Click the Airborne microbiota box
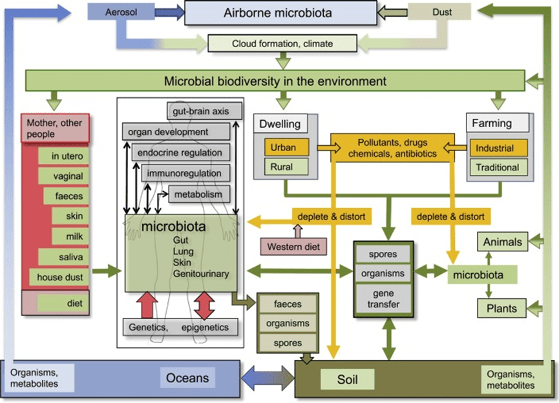280,12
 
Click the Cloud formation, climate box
282,44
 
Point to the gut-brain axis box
206,110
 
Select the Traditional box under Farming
497,167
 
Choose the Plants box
502,308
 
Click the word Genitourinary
200,274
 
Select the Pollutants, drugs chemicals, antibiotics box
385,148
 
